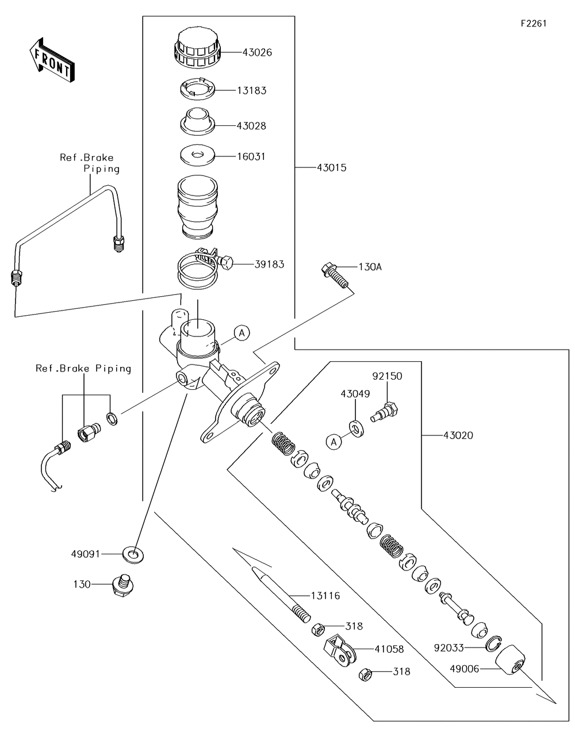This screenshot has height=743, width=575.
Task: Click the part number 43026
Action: click(257, 52)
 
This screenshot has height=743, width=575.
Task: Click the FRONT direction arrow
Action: click(51, 59)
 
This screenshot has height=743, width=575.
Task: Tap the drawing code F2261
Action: click(534, 24)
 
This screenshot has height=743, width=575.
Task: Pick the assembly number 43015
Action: click(332, 167)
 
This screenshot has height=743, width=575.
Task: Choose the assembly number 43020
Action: click(458, 435)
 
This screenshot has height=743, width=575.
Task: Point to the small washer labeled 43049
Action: click(356, 428)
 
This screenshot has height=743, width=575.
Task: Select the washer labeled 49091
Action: click(134, 554)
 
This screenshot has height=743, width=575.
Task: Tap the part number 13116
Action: click(325, 596)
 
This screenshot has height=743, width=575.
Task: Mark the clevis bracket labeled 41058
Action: click(339, 650)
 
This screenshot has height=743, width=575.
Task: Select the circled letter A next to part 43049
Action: click(332, 442)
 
